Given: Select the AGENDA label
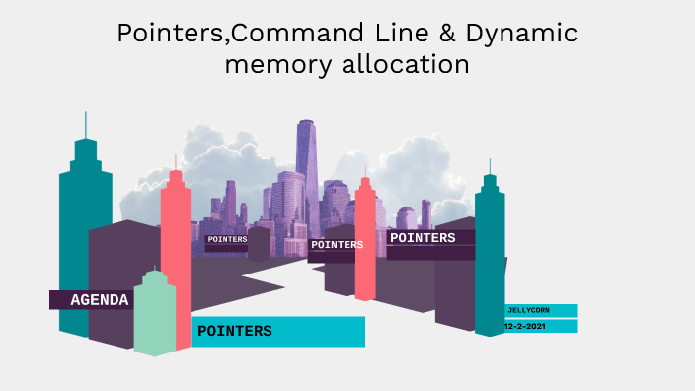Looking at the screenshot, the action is (x=99, y=300).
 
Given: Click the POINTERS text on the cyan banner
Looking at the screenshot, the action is (x=235, y=331).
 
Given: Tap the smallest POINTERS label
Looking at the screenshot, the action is (x=227, y=239).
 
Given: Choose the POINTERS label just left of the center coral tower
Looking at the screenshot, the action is (x=337, y=244).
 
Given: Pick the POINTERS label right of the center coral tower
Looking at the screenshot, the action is (x=423, y=238).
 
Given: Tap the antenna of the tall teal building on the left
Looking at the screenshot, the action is (x=86, y=125).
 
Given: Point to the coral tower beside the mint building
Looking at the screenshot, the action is (x=177, y=257).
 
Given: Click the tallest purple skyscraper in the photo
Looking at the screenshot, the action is (x=306, y=163).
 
